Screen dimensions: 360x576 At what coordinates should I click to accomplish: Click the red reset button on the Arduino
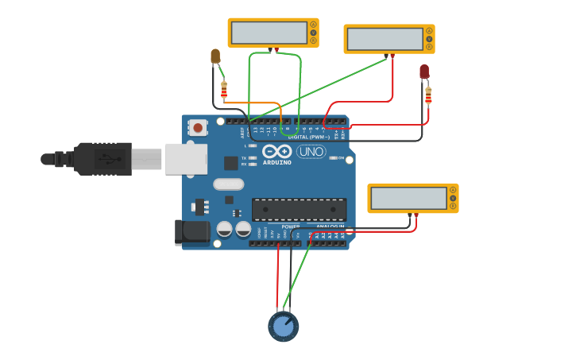[197, 127]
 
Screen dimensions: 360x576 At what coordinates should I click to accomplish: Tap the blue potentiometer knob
[283, 326]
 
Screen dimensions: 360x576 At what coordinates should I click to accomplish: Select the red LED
[424, 72]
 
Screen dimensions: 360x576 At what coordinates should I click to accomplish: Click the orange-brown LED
[215, 56]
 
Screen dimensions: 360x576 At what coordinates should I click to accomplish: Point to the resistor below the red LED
[428, 96]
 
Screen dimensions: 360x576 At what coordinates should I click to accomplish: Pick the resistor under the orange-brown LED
[224, 90]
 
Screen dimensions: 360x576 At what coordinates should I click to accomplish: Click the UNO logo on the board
[311, 151]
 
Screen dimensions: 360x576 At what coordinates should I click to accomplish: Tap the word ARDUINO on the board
[276, 162]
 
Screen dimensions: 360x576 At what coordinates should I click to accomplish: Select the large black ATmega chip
[299, 210]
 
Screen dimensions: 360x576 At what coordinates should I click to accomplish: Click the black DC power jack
[191, 231]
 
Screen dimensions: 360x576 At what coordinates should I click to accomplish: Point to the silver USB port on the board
[185, 159]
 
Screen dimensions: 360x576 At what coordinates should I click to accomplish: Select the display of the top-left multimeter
[269, 33]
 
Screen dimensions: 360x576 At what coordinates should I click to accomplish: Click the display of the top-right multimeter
[385, 39]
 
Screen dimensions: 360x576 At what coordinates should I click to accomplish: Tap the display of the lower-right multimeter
[408, 198]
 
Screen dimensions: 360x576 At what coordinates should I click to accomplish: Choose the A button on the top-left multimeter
[313, 25]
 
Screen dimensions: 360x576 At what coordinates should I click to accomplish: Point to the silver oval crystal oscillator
[228, 184]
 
